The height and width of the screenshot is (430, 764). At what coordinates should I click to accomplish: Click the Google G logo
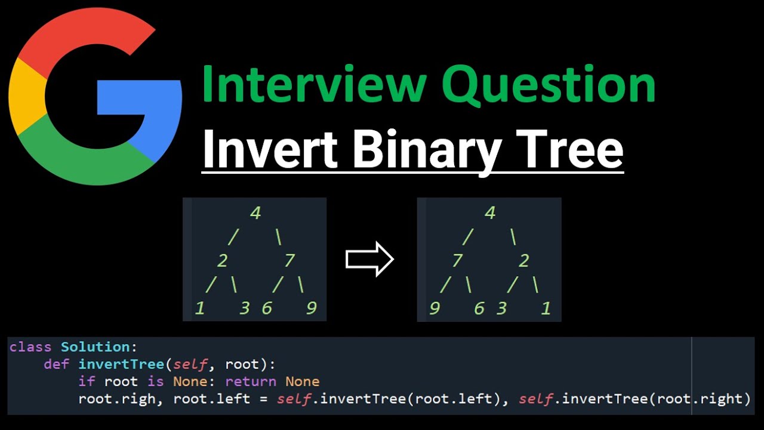(95, 99)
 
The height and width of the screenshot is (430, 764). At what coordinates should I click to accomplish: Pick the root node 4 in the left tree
(256, 213)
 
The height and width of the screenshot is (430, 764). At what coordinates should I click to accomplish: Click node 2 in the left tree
(221, 261)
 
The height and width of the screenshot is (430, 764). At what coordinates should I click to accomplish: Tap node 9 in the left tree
(311, 308)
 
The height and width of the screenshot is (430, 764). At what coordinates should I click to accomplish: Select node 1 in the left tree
(200, 308)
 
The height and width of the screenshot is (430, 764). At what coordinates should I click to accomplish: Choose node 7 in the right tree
(458, 261)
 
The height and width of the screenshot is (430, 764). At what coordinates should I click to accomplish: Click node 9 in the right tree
(435, 308)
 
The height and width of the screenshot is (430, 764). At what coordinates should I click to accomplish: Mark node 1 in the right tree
(546, 308)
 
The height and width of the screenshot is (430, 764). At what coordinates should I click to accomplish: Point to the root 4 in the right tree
(491, 213)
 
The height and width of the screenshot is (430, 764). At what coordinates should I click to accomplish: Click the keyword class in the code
(30, 347)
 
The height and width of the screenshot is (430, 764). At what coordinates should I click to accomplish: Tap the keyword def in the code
(57, 364)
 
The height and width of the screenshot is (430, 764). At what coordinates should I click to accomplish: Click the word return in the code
(251, 382)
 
